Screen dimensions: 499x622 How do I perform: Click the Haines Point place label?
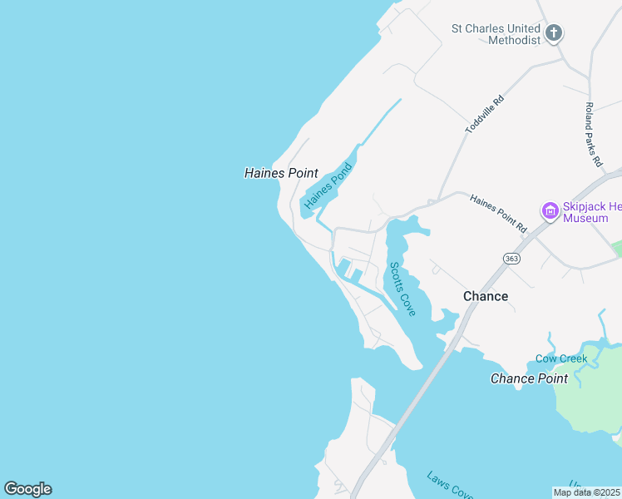[281, 173]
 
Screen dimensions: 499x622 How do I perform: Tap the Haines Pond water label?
[328, 185]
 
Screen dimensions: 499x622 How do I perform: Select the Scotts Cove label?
[402, 289]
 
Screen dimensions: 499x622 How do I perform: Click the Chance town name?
[486, 296]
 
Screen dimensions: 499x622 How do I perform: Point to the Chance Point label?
[529, 378]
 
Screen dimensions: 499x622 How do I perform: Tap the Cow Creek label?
[561, 359]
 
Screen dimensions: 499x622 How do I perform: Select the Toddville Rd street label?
[485, 115]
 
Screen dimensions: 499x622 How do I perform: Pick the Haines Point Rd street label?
[499, 214]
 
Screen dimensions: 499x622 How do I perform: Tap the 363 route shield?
[511, 259]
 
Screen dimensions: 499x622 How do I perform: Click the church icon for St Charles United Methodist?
[554, 33]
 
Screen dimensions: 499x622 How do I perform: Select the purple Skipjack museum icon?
[549, 211]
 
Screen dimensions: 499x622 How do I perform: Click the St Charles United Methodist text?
[496, 33]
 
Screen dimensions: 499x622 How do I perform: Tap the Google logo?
[27, 489]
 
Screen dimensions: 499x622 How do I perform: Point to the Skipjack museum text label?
[591, 211]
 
